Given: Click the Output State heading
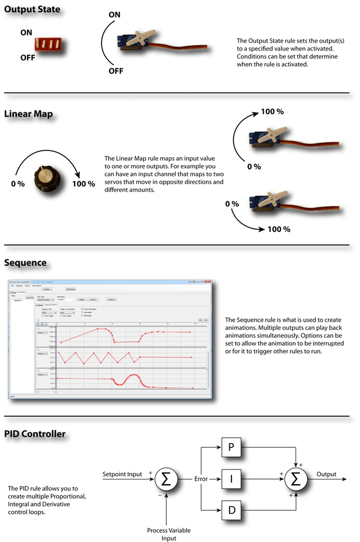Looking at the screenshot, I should [32, 10].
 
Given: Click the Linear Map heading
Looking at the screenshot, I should [28, 114].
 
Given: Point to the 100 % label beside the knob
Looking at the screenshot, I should [83, 184].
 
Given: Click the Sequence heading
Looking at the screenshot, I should [25, 263].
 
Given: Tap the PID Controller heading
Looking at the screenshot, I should [35, 434].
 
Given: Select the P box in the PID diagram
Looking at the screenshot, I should [231, 448].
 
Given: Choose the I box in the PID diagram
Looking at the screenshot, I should [231, 479].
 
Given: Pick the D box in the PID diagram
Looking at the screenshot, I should [231, 510].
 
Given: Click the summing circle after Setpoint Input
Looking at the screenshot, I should [166, 479].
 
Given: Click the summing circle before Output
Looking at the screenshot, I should [295, 479].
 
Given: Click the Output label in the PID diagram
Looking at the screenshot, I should [326, 474].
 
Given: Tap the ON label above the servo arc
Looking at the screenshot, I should [114, 15].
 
